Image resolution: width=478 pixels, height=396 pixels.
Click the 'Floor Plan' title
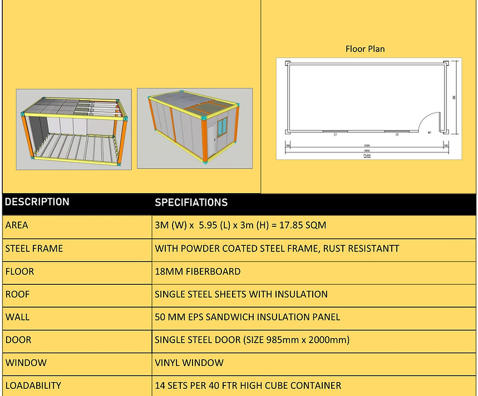tap(365, 49)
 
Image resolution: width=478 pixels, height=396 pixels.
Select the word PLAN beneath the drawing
tap(367, 156)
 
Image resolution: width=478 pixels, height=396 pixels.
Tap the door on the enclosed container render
tap(211, 137)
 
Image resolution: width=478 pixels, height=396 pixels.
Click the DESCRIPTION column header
tap(37, 202)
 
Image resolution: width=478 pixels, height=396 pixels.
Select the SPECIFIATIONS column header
tap(191, 202)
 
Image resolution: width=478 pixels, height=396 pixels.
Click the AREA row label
tap(17, 225)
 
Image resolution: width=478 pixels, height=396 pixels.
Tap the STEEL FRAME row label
tap(34, 248)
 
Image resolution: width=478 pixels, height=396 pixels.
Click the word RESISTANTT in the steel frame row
tap(372, 248)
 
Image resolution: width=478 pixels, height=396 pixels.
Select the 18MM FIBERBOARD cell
tap(198, 271)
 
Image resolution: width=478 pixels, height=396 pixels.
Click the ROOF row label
tap(17, 294)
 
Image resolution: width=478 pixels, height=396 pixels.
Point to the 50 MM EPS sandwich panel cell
tap(247, 317)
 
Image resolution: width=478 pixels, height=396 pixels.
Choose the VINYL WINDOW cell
tap(189, 363)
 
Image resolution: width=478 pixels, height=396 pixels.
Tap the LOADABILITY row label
tap(33, 385)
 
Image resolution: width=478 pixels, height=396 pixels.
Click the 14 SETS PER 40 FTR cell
tap(248, 385)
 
